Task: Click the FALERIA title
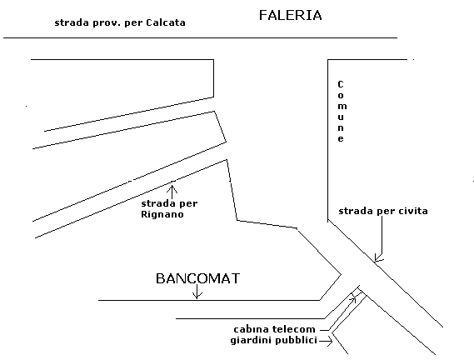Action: tap(290, 16)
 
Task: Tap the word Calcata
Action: tap(166, 22)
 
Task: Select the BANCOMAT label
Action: tap(197, 278)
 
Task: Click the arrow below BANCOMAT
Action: tap(197, 292)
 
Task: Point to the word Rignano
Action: tap(162, 214)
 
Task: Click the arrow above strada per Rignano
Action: tap(172, 192)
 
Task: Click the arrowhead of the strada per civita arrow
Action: tap(378, 257)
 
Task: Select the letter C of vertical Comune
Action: tap(341, 84)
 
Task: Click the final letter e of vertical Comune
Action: tap(341, 139)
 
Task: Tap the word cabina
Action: tap(252, 329)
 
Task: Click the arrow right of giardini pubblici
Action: tap(326, 341)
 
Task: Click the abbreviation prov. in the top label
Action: tap(107, 23)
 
